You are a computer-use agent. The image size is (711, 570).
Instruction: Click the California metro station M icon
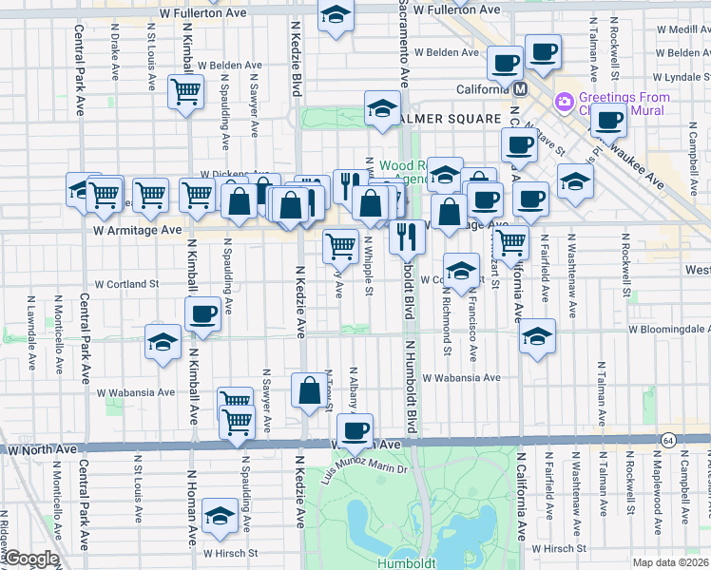(x=520, y=89)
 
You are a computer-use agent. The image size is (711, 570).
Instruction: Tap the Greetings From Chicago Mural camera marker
(x=564, y=100)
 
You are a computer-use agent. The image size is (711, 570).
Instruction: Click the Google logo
(x=31, y=559)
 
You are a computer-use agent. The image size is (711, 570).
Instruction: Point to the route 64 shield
(x=669, y=440)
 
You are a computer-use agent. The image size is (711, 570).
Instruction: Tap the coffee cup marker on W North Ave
(x=355, y=432)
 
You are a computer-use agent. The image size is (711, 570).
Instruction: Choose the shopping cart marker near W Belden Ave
(x=185, y=92)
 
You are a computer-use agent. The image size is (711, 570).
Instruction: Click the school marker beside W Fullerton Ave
(x=336, y=16)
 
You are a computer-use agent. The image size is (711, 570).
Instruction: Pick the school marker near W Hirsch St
(x=220, y=517)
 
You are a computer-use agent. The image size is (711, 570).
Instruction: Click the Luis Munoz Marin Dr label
(x=364, y=468)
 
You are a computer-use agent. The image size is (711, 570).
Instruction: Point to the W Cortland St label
(x=126, y=284)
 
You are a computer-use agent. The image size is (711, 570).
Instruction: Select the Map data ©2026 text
(x=671, y=562)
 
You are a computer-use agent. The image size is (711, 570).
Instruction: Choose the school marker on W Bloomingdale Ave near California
(x=537, y=337)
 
